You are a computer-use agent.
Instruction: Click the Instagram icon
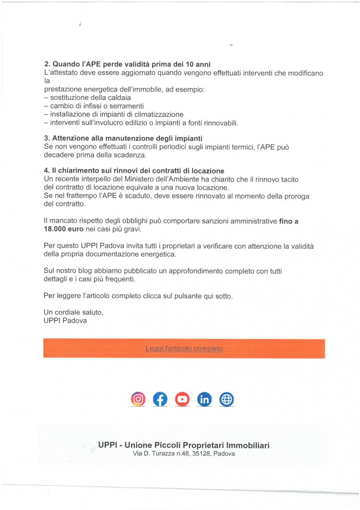[x=138, y=399]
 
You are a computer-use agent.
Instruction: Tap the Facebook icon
[x=160, y=399]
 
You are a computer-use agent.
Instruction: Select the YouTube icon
[x=182, y=399]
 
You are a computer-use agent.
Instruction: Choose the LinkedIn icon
[x=205, y=399]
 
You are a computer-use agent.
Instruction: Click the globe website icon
[x=226, y=399]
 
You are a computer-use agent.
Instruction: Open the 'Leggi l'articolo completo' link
[x=184, y=349]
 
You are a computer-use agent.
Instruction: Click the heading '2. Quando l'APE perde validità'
[x=127, y=64]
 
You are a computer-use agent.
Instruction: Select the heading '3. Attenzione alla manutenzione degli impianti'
[x=123, y=138]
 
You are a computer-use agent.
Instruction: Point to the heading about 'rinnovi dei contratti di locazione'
[x=134, y=171]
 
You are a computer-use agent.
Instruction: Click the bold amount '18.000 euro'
[x=64, y=229]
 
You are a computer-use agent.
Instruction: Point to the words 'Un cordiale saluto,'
[x=74, y=312]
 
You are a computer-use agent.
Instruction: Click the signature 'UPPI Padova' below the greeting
[x=65, y=321]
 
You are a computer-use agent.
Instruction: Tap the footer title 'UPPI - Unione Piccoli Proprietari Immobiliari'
[x=184, y=445]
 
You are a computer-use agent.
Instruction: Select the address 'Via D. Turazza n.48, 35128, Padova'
[x=184, y=454]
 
